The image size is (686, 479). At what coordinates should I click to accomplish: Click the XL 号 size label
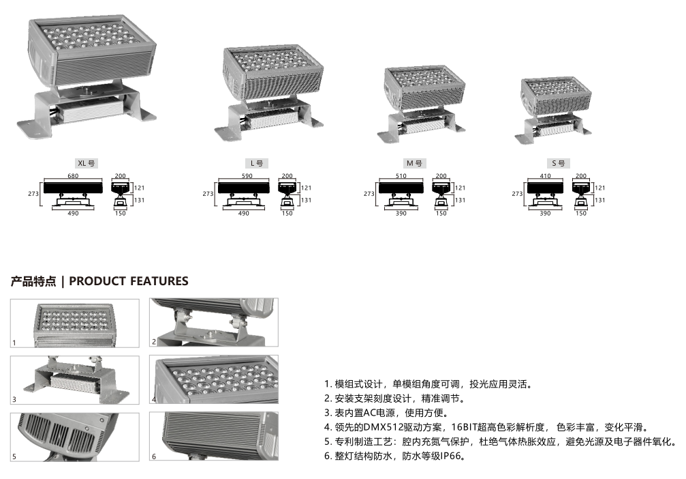click(x=87, y=164)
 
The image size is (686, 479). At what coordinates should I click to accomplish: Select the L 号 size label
click(x=256, y=164)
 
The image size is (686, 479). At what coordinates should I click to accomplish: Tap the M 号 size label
click(x=414, y=164)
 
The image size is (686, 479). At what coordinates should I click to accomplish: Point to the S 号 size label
click(x=558, y=164)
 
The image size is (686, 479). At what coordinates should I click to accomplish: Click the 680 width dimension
click(x=73, y=176)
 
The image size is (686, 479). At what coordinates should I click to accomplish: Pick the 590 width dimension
click(x=247, y=176)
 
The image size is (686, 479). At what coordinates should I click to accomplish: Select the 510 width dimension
click(x=401, y=176)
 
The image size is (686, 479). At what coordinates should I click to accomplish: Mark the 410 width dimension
click(x=545, y=176)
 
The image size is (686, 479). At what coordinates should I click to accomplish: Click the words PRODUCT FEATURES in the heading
click(x=129, y=281)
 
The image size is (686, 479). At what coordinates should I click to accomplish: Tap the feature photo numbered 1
click(x=75, y=323)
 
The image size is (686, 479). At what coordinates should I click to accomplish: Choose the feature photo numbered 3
click(x=75, y=380)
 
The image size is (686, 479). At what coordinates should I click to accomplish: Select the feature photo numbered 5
click(x=75, y=437)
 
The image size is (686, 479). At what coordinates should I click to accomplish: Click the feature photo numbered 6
click(x=214, y=437)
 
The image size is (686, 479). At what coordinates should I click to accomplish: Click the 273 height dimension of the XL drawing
click(x=33, y=193)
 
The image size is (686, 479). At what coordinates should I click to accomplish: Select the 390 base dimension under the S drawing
click(x=545, y=214)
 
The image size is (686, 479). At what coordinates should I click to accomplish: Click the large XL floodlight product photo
click(x=87, y=77)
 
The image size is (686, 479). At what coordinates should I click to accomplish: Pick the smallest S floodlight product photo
click(x=553, y=111)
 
